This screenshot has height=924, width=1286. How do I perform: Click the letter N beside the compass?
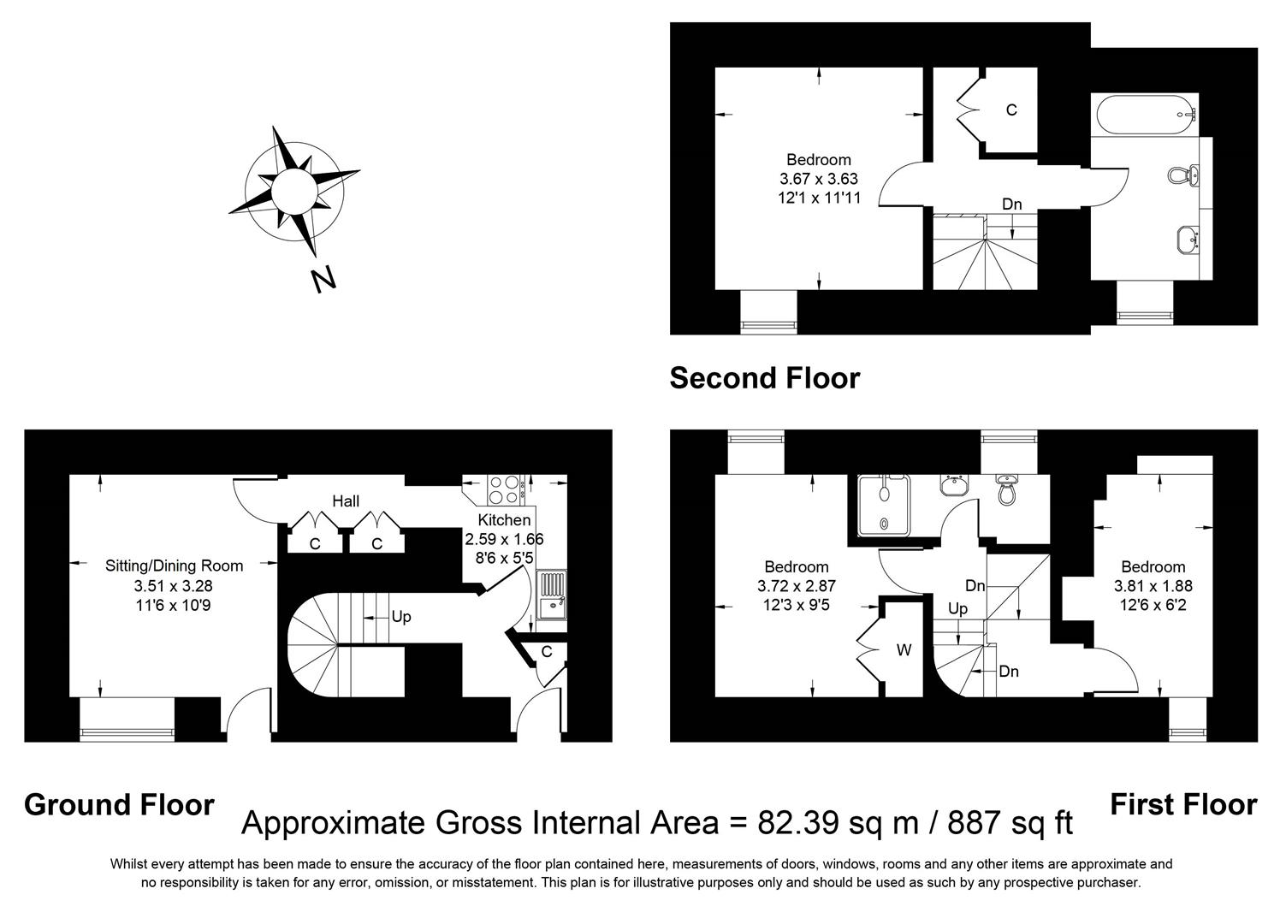pos(322,280)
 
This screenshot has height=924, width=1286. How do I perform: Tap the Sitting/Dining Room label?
pos(174,566)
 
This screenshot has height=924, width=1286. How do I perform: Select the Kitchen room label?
pos(504,520)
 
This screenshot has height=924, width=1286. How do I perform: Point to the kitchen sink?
pos(551,595)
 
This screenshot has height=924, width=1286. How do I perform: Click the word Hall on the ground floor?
pos(346,501)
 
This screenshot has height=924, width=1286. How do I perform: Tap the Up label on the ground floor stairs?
pos(401,616)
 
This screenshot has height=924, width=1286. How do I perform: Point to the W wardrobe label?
pos(904,650)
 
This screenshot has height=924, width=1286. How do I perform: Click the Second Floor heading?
pos(764,377)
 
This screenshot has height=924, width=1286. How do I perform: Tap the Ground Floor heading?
pos(119,805)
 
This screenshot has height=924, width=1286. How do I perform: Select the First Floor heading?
pos(1182,805)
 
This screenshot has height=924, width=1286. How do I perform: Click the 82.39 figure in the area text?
pos(796,823)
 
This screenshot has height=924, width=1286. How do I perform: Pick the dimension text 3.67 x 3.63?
pos(818,179)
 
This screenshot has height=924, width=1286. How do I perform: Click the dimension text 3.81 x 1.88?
pos(1153,586)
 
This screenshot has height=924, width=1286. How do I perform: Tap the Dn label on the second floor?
pos(1012,204)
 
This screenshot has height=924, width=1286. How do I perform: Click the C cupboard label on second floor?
pos(1011,110)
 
